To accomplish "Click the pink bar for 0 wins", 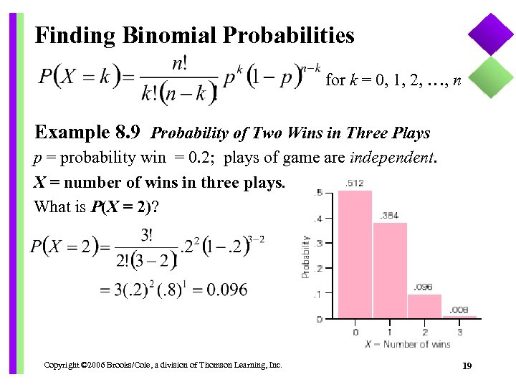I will [x=355, y=254].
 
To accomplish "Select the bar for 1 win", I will [x=390, y=270].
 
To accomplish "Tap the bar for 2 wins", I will [x=424, y=306].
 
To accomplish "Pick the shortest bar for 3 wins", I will [x=459, y=316].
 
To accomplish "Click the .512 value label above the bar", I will [x=354, y=183].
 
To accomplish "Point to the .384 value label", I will [x=389, y=215].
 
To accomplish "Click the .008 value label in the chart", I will [x=459, y=310].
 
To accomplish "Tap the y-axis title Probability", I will [x=306, y=257].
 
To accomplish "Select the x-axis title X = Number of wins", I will [x=407, y=345].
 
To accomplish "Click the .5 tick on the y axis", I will [x=317, y=192].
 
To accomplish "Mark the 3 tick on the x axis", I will [x=459, y=332].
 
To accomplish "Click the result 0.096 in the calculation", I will [x=227, y=290].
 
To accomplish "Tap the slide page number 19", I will [x=467, y=366].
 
